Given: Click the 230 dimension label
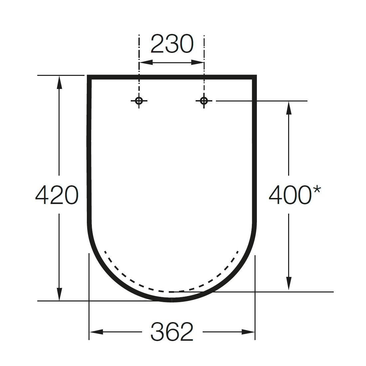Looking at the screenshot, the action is click(x=172, y=44).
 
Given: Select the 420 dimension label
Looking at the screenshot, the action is click(x=57, y=195).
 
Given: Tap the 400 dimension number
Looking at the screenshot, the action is click(x=290, y=195).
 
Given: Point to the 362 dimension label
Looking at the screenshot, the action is click(x=172, y=332).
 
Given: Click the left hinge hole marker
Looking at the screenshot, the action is click(x=139, y=101).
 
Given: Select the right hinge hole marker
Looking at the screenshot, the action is click(x=204, y=101).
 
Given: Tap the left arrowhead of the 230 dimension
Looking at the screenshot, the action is click(x=146, y=62).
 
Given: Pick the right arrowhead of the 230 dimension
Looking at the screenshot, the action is click(x=197, y=62).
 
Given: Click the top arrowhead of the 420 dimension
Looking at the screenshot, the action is click(x=59, y=82).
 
